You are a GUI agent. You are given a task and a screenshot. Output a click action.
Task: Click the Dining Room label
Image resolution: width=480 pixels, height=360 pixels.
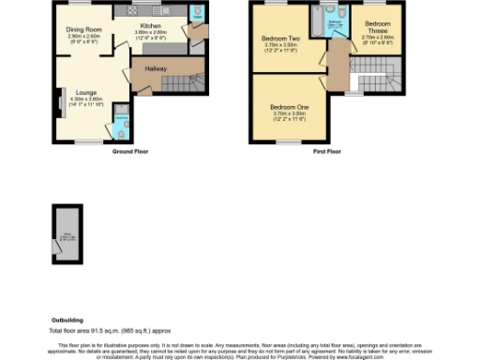pyautogui.click(x=82, y=31)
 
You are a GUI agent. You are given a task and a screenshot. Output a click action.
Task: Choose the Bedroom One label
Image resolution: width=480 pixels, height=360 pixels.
pyautogui.click(x=289, y=107)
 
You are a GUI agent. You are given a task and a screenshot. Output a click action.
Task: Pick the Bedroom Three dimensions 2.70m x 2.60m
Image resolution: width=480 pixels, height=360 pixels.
pyautogui.click(x=379, y=38)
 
